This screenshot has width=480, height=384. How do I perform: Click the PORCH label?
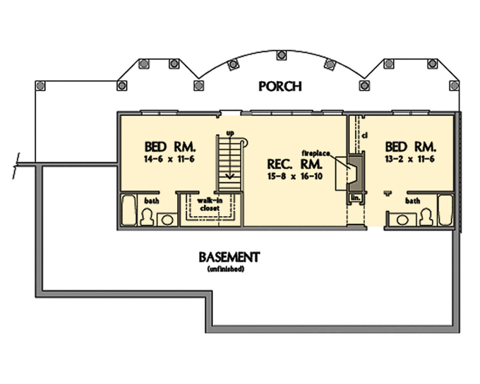coord(280,86)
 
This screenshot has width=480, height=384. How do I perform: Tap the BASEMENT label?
coord(229,257)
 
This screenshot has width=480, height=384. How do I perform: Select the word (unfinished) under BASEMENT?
coord(226,269)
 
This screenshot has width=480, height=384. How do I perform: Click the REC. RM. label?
coord(295,164)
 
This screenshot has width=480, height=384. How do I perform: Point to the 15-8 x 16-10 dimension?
coord(295,176)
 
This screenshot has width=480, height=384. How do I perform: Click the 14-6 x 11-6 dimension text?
coord(169,159)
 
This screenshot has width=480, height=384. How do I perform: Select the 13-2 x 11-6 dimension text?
coord(410,159)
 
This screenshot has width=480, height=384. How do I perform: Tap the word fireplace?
coord(316,153)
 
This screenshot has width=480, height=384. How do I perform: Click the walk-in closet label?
coord(210,205)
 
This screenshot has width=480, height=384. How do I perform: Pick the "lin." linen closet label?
coord(356,197)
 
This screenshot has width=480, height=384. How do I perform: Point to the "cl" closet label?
coord(365,135)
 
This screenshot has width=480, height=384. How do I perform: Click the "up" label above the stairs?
coord(230,133)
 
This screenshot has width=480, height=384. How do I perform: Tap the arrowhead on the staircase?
coord(230,176)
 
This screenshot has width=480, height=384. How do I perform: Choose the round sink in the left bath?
coord(167,220)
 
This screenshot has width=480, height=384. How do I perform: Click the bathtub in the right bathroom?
coord(446,210)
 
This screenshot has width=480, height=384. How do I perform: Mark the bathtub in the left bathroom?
coord(129,210)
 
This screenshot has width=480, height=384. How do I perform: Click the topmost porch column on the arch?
coord(282,55)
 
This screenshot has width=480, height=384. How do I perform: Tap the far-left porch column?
coord(40,86)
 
